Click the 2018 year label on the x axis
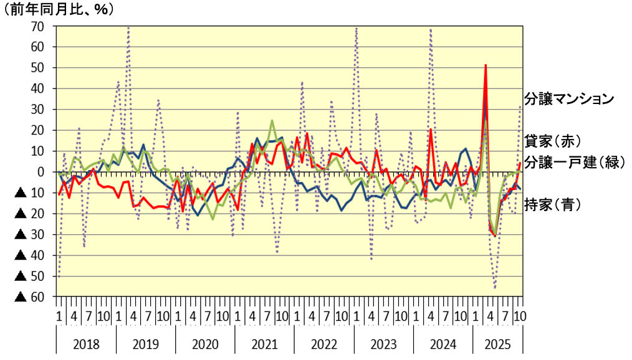pyautogui.click(x=86, y=344)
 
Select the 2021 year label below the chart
pyautogui.click(x=264, y=344)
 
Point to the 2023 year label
pyautogui.click(x=383, y=344)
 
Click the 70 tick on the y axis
pyautogui.click(x=37, y=26)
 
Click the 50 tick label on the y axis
pyautogui.click(x=37, y=68)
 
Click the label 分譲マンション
pyautogui.click(x=570, y=98)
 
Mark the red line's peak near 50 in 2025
pyautogui.click(x=486, y=65)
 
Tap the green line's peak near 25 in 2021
pyautogui.click(x=272, y=120)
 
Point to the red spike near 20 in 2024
pyautogui.click(x=431, y=130)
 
